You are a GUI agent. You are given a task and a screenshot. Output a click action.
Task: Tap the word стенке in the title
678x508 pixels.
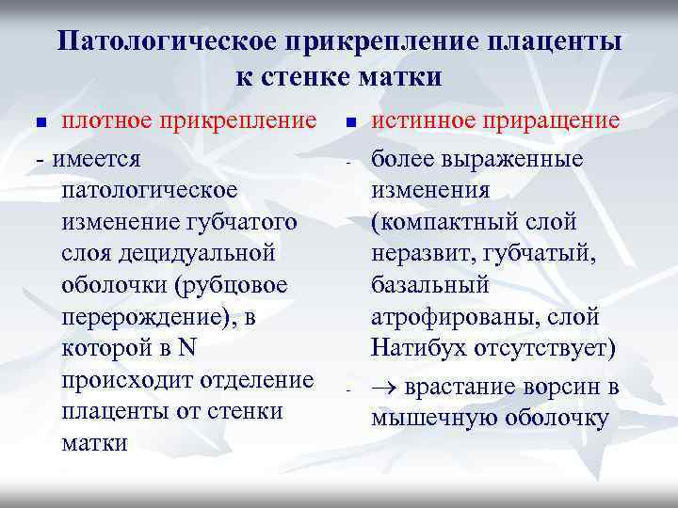point(303,77)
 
